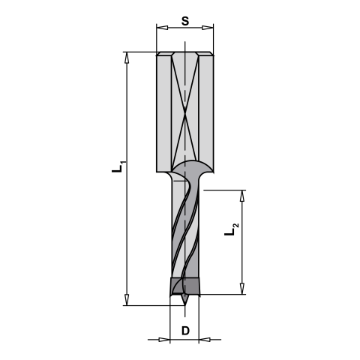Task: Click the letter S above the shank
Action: [184, 21]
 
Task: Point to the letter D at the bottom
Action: [184, 331]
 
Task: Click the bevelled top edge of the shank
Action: [184, 54]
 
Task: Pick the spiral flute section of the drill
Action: [184, 232]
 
